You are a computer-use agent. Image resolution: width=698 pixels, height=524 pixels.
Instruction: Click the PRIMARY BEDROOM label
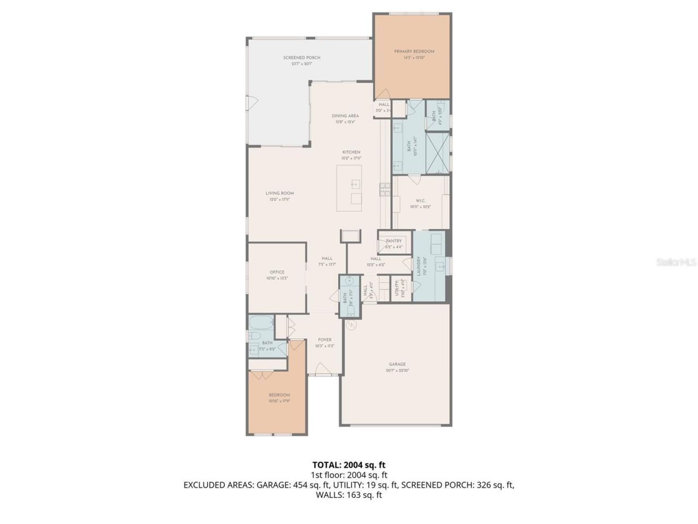(x=414, y=51)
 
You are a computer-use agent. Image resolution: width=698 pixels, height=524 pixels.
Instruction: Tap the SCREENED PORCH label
(x=302, y=58)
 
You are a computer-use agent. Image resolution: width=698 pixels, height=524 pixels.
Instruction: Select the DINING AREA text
(x=345, y=116)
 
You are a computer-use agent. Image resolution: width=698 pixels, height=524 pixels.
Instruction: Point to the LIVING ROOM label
(x=280, y=193)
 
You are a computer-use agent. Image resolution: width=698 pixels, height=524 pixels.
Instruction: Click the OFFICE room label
(x=277, y=272)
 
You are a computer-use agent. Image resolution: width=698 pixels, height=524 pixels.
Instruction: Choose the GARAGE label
(x=397, y=364)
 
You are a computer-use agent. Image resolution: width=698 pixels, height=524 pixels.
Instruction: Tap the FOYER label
(x=324, y=340)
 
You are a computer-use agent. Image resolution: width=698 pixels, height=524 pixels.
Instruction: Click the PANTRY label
(x=393, y=241)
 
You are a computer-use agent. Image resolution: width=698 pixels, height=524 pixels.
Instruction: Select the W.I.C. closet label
(x=420, y=200)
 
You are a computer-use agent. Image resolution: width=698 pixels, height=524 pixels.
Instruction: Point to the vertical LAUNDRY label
(x=419, y=267)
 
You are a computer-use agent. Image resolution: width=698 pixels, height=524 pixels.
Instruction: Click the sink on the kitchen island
(x=356, y=184)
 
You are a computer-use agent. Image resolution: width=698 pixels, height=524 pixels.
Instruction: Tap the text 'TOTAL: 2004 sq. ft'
(x=348, y=465)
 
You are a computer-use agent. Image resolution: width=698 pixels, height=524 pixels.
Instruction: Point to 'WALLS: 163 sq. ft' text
(x=348, y=495)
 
